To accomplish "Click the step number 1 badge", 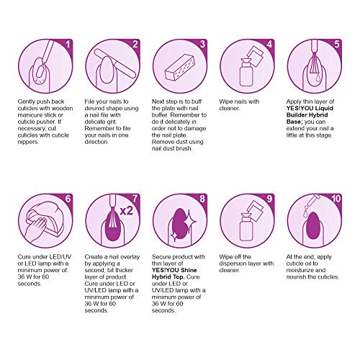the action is click(x=68, y=45).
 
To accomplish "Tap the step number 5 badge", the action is click(x=337, y=45).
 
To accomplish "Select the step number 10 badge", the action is click(x=336, y=199).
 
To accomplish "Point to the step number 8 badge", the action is click(x=202, y=199).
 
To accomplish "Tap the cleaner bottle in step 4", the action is click(x=246, y=72).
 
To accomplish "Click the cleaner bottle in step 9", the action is click(x=246, y=227).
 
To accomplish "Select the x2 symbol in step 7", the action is click(x=126, y=211).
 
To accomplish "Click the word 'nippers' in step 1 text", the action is click(x=27, y=142).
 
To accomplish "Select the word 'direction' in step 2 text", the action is click(x=96, y=142).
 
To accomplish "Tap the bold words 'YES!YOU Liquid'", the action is click(x=310, y=108).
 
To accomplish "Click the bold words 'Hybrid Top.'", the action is click(x=168, y=276).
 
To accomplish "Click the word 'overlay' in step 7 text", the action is click(x=130, y=257).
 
